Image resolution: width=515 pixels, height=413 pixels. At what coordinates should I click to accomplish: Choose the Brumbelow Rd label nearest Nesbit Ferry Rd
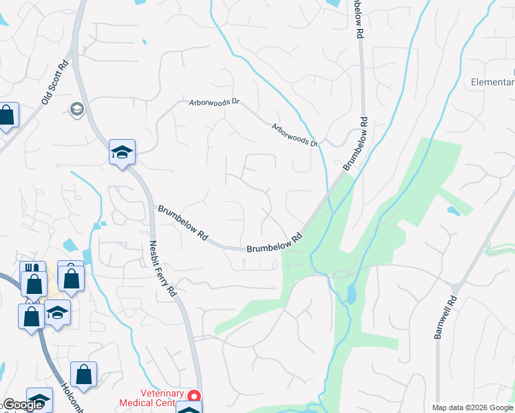tap(183, 222)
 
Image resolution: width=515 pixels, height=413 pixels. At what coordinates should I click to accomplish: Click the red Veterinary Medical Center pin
tap(194, 396)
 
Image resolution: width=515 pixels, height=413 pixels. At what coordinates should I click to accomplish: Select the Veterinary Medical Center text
tap(151, 398)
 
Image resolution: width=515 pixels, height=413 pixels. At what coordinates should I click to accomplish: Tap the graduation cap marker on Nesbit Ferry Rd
tap(122, 153)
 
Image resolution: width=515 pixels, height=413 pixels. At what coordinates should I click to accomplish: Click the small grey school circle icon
tap(76, 109)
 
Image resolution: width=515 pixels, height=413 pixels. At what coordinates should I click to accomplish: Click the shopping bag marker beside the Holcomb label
tap(83, 375)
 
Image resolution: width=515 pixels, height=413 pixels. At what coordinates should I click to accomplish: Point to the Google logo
tap(23, 405)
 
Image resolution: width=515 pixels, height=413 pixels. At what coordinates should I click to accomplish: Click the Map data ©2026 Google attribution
tap(472, 407)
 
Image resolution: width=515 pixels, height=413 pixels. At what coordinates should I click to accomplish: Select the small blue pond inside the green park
tap(352, 295)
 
